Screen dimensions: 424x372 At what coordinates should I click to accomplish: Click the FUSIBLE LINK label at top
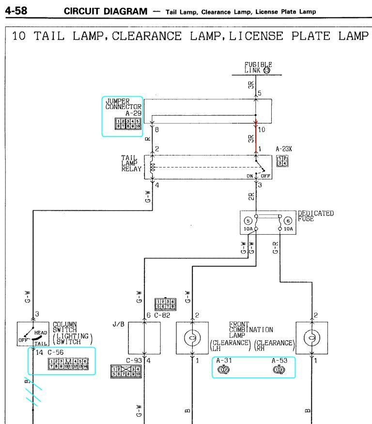coord(258,67)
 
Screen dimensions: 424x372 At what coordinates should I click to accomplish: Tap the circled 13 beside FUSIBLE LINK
coord(266,70)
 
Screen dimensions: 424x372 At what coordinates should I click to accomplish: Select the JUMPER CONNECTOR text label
coord(124,104)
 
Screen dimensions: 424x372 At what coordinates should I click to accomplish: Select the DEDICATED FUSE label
coord(315,215)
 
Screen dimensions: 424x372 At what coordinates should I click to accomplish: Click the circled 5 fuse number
coord(247,220)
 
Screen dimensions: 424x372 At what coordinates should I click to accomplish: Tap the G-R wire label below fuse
coord(276,248)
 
